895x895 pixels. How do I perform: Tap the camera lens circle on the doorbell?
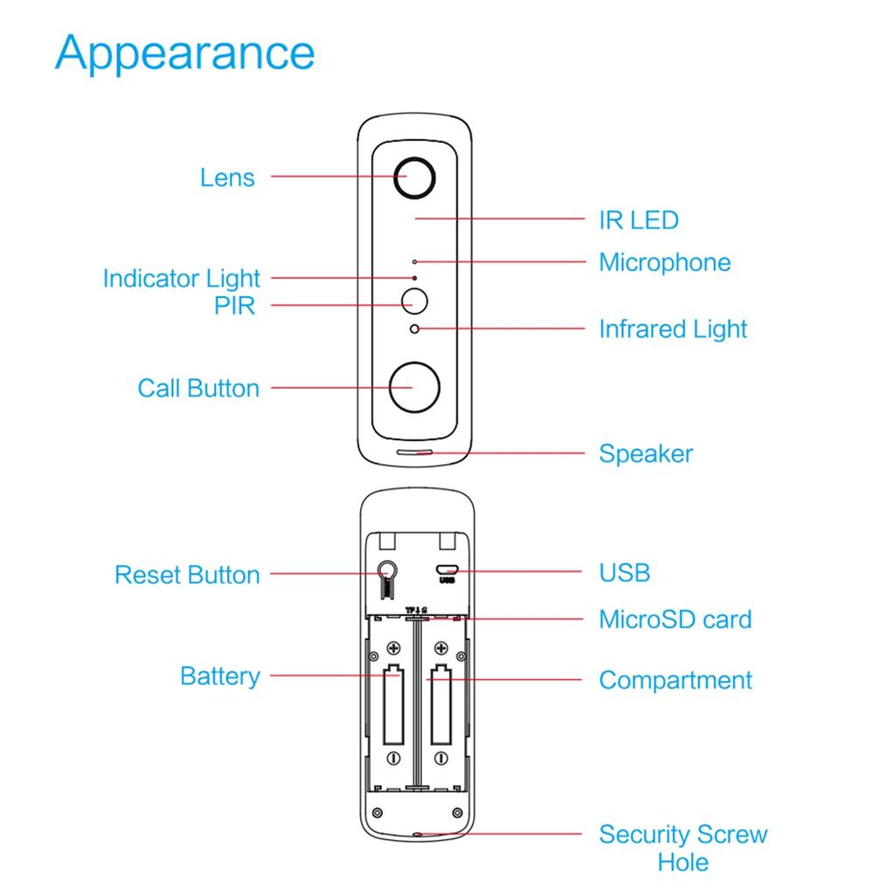coord(413,177)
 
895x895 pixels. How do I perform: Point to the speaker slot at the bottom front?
coord(414,454)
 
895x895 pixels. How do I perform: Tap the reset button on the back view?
coord(388,572)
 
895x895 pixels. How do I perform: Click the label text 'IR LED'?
coord(638,220)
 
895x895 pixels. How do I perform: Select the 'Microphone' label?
coord(664,262)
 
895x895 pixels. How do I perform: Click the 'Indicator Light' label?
coord(182,279)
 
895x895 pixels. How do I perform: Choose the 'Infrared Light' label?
coord(673,330)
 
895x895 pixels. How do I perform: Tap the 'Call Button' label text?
coord(198,388)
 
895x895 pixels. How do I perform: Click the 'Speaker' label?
coord(645,454)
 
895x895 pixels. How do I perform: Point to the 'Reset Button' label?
coord(187,575)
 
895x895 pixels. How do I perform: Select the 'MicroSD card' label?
coord(675,620)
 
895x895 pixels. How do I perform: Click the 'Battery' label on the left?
coord(219,676)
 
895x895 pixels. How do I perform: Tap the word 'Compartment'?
coord(675,680)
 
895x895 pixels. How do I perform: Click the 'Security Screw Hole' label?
coord(683,848)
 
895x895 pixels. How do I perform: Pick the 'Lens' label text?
coord(227,177)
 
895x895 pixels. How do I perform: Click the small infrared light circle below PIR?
coord(414,329)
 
